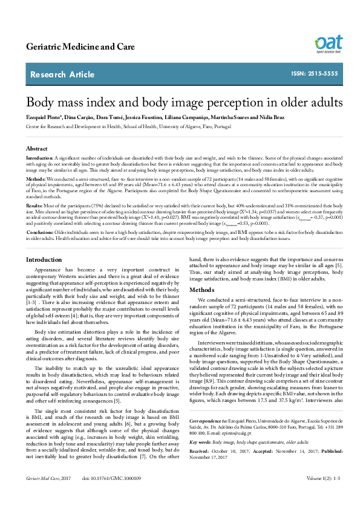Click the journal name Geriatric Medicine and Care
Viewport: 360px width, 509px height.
[72, 47]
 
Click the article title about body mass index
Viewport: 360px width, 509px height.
[180, 101]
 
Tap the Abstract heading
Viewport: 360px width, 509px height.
[36, 148]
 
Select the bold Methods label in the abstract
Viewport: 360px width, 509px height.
[35, 180]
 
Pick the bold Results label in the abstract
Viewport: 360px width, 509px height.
[34, 206]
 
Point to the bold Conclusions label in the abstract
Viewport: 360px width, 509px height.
[40, 232]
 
